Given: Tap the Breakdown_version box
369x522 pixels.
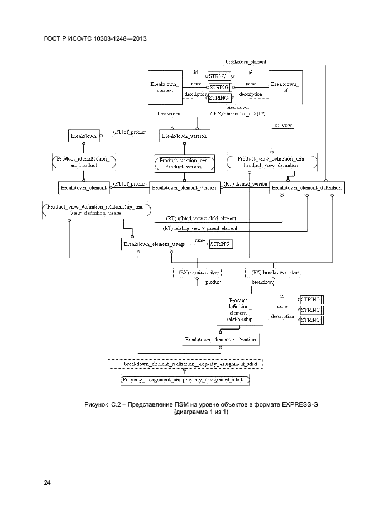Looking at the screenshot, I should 184,136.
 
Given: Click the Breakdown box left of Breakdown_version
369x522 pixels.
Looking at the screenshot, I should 83,136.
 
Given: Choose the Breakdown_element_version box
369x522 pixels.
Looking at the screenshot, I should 184,187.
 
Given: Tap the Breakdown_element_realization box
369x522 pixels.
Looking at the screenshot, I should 221,339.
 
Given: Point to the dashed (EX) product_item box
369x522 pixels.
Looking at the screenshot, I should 197,273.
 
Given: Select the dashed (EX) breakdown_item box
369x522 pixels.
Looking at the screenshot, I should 273,273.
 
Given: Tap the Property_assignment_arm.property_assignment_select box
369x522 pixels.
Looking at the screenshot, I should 185,380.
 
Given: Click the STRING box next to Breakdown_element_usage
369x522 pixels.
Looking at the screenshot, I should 219,243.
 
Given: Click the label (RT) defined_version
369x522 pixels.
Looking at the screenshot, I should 245,183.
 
